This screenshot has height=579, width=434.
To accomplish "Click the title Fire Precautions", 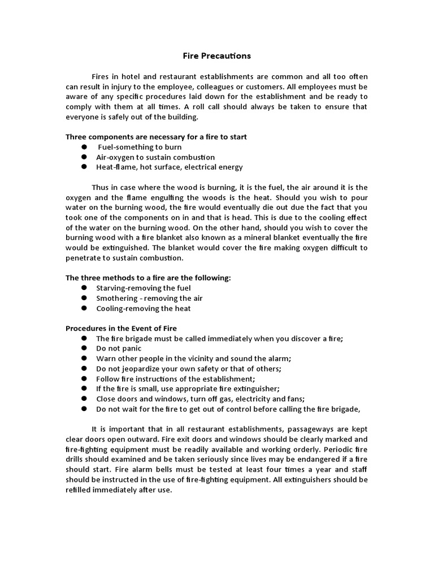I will (216, 56).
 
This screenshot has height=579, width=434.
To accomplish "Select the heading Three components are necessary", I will (156, 137).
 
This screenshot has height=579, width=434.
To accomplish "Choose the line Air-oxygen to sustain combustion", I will (155, 157).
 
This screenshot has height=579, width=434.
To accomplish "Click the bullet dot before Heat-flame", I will (84, 167).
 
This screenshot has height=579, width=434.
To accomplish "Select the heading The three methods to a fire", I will (148, 278).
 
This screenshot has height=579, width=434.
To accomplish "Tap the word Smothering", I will (117, 298).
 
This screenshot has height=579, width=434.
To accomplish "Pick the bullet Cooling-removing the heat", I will (144, 309).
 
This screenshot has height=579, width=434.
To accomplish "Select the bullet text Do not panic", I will (119, 348).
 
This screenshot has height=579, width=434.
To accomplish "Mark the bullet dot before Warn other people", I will (84, 358).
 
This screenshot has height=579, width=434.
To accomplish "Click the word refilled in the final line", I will (80, 490).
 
